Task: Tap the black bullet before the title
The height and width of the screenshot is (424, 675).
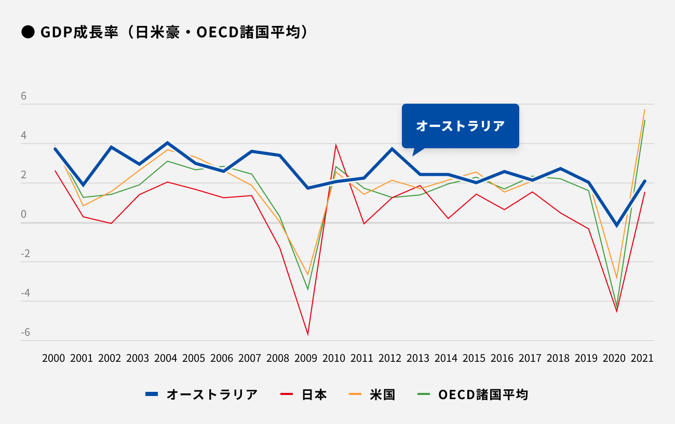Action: pos(27,32)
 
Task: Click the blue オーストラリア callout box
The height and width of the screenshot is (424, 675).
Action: pos(460,126)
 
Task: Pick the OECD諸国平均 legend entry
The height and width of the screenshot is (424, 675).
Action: pos(473,394)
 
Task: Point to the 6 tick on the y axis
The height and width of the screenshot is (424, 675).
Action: pos(24,96)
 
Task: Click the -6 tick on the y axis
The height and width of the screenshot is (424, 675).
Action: pos(25,332)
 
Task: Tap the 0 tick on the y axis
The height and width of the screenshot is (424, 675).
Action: pos(24,215)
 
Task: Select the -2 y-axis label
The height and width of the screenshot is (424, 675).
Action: pos(25,254)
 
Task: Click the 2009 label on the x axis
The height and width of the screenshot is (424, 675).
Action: pos(306,358)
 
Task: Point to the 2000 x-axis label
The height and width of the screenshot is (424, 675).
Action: pos(53,358)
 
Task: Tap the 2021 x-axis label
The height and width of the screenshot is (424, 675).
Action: pos(642,358)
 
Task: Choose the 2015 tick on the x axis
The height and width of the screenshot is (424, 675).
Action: pos(474,358)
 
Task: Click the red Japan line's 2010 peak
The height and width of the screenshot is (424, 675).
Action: pos(336,145)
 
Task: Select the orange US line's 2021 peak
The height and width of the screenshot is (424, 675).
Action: pos(644,109)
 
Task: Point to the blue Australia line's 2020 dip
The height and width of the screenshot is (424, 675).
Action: pos(617,225)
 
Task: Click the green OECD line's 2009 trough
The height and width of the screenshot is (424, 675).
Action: pos(308,289)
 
